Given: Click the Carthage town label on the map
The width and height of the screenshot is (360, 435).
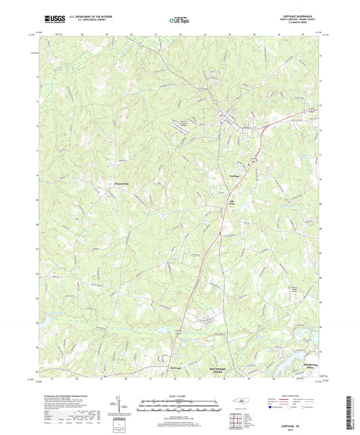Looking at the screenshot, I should pyautogui.click(x=235, y=176).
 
